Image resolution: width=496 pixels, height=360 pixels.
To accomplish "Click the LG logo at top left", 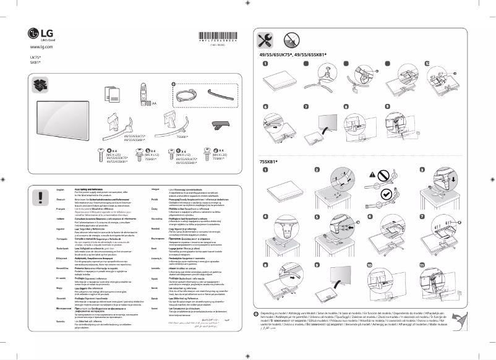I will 41,34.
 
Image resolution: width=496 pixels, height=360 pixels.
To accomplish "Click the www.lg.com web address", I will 41,47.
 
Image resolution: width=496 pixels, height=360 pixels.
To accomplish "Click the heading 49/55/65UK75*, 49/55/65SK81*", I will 293,54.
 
